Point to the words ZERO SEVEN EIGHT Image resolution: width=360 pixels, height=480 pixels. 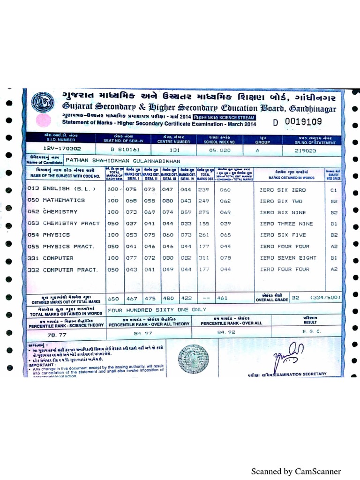288,258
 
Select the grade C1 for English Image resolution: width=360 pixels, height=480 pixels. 333,190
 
